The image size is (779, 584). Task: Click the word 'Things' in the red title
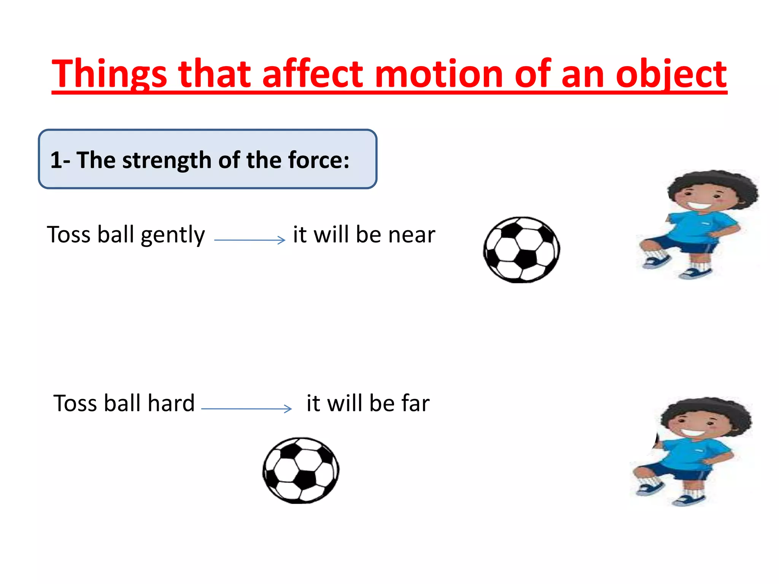click(109, 74)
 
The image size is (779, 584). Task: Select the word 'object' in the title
click(671, 74)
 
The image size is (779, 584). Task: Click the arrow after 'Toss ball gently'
click(250, 240)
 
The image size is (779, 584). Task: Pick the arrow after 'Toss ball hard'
click(246, 409)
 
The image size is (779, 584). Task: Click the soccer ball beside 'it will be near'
click(521, 250)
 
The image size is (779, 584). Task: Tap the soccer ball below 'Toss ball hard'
click(301, 470)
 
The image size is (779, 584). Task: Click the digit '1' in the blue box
click(56, 160)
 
